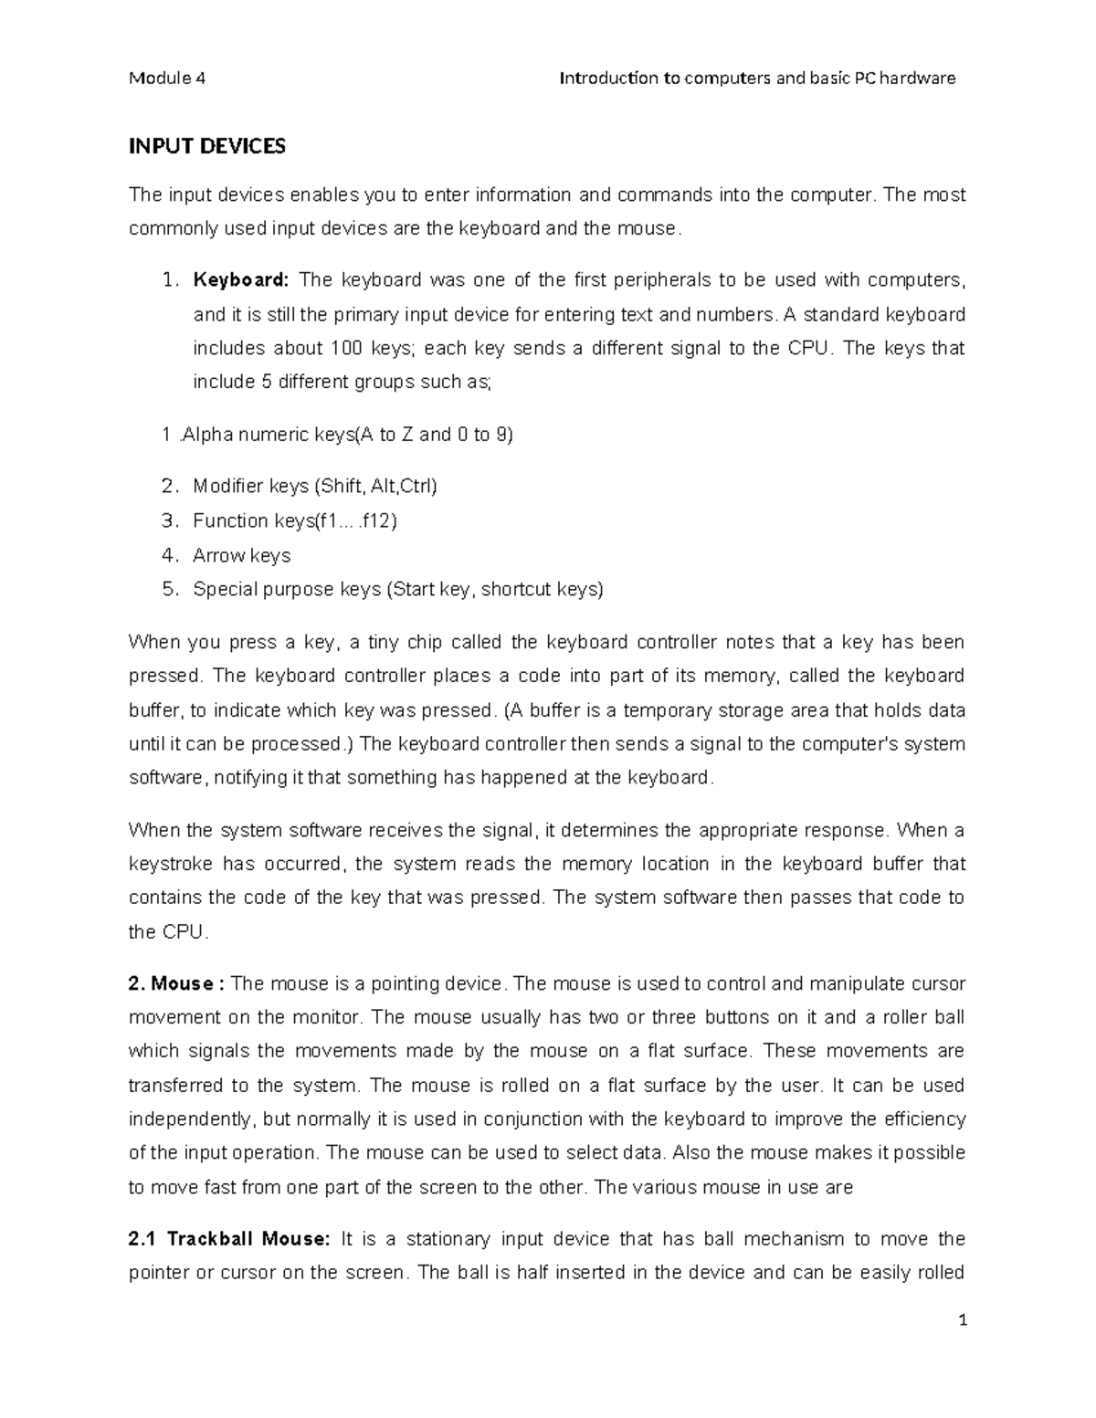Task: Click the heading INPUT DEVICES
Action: pyautogui.click(x=207, y=147)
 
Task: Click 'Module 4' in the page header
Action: pyautogui.click(x=167, y=79)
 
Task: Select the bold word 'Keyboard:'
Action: pyautogui.click(x=240, y=280)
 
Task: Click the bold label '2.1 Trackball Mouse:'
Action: pyautogui.click(x=228, y=1239)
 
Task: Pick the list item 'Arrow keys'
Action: pyautogui.click(x=241, y=555)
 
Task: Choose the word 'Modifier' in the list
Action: pyautogui.click(x=227, y=487)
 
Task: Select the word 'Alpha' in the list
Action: pyautogui.click(x=207, y=436)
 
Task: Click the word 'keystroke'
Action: pyautogui.click(x=171, y=865)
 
